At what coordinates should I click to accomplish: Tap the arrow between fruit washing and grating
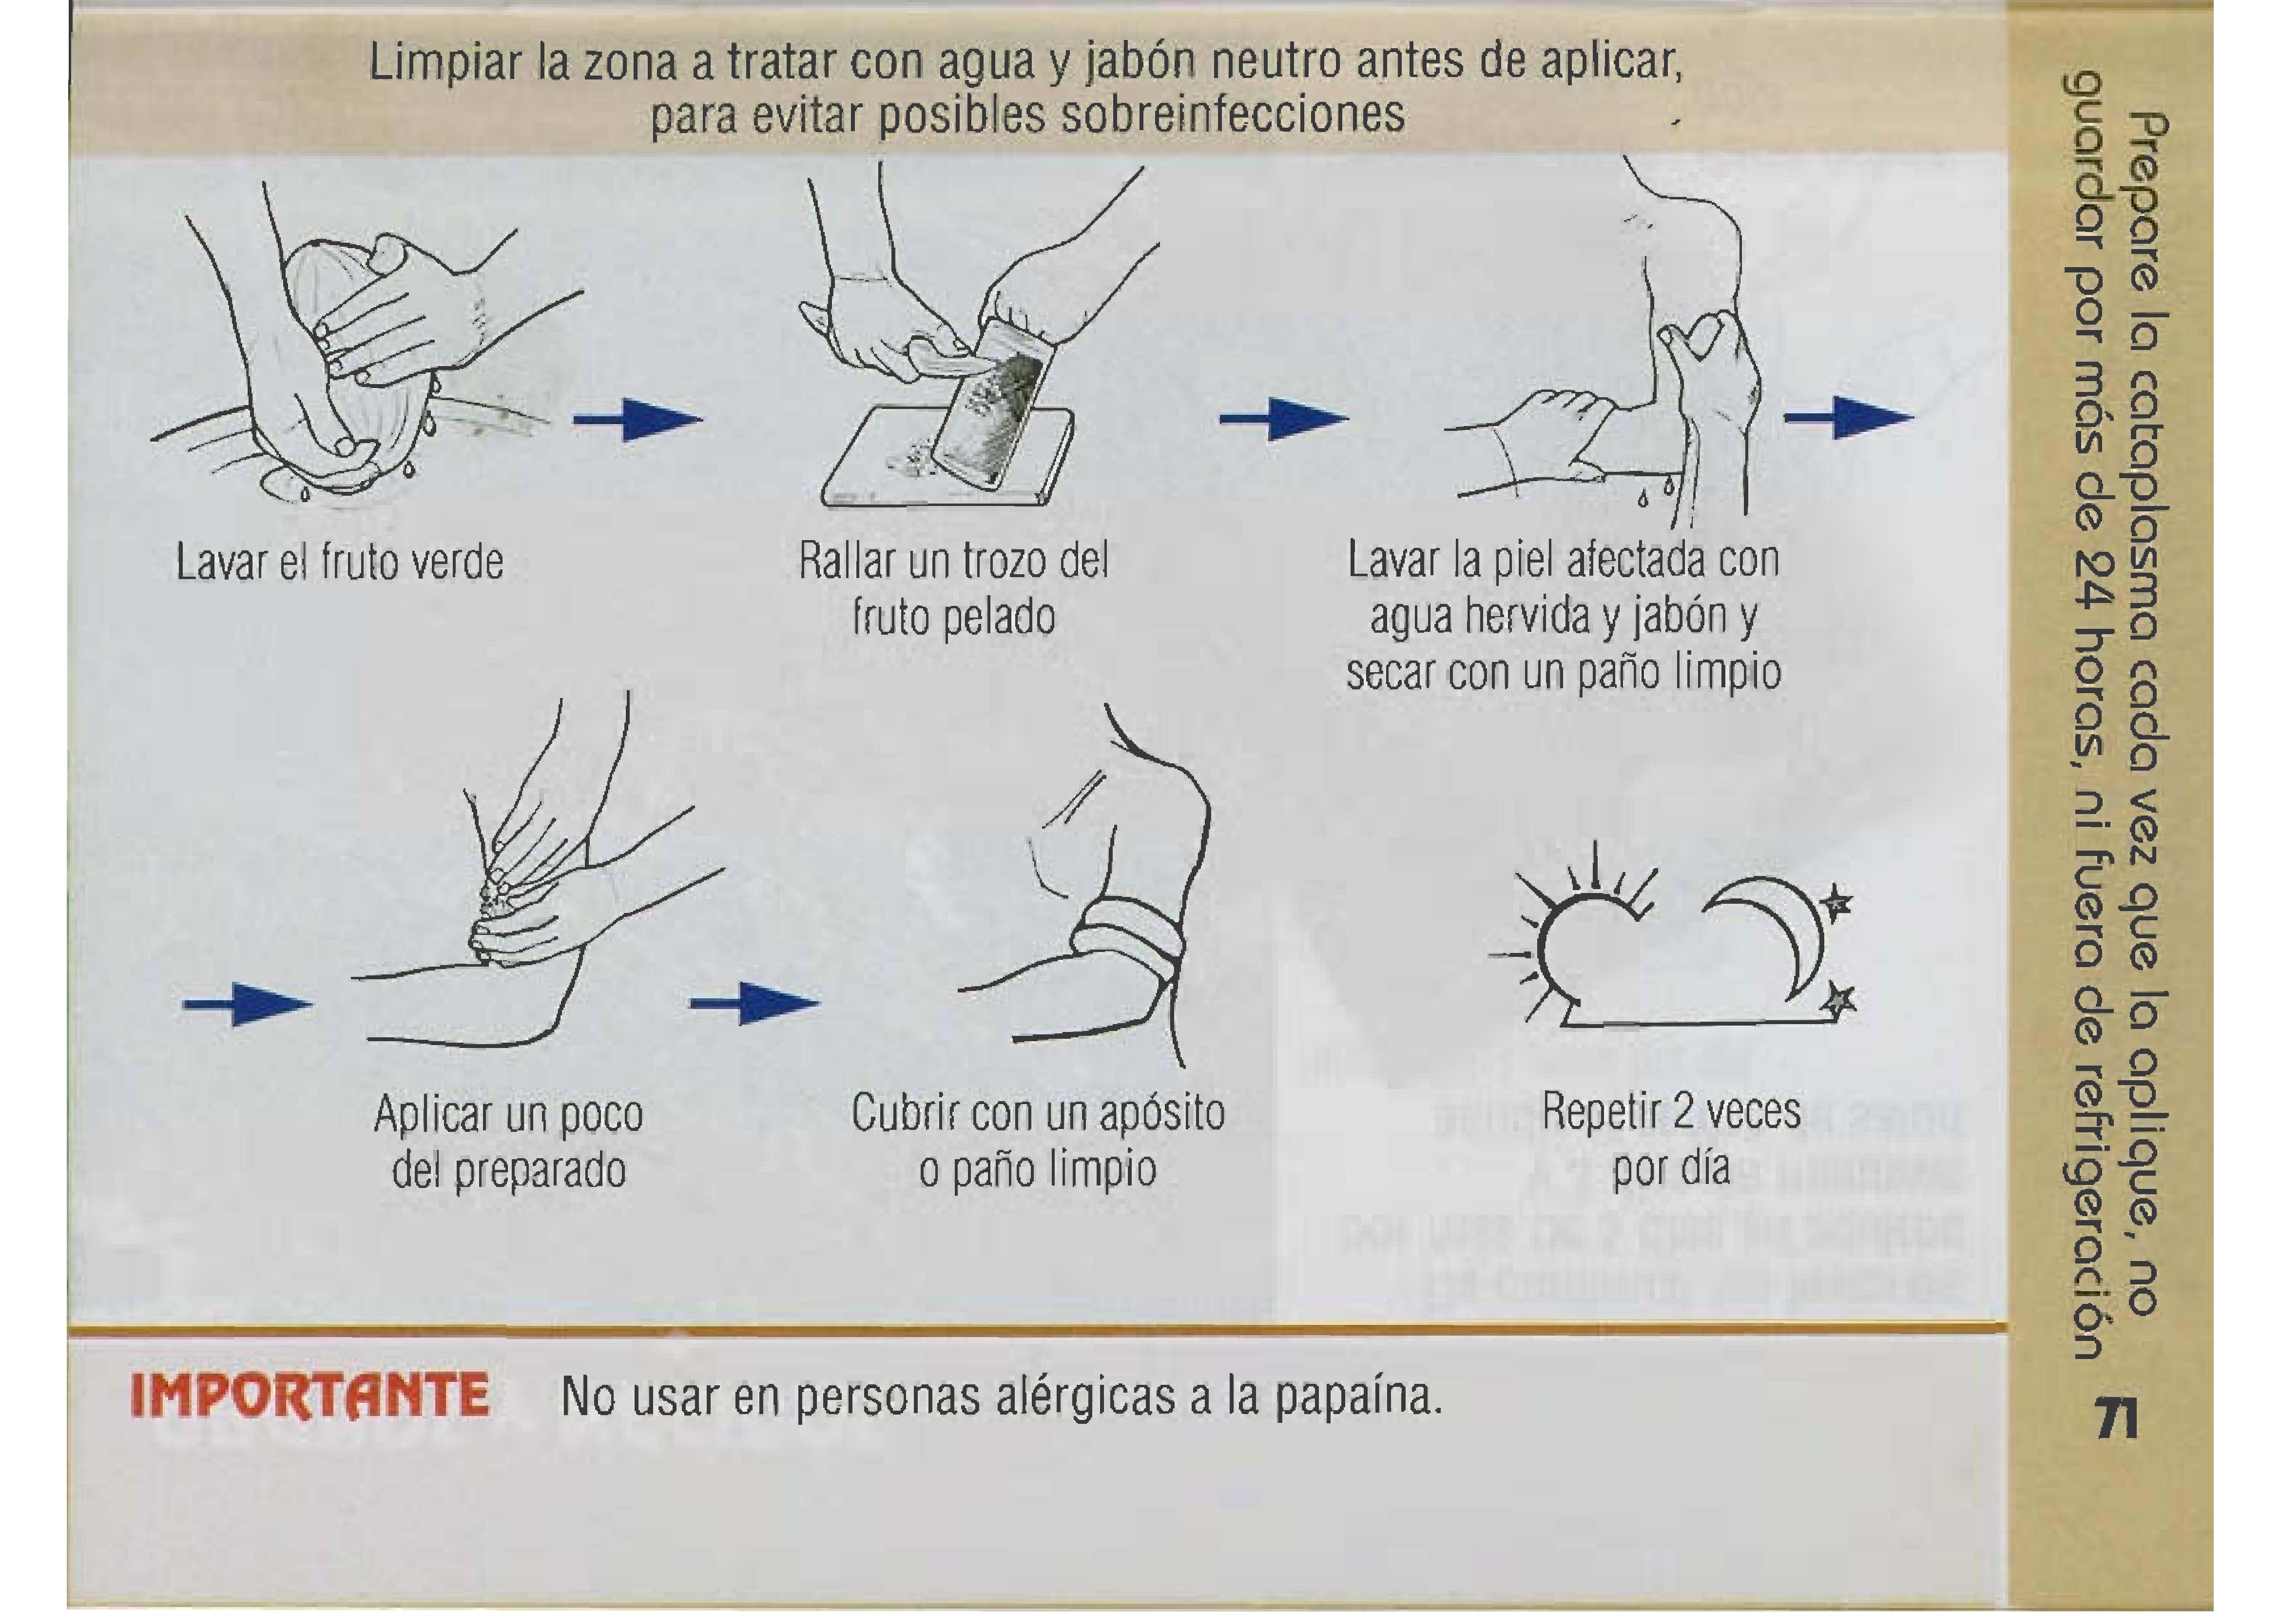tap(638, 419)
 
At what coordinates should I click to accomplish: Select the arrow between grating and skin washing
tap(1284, 419)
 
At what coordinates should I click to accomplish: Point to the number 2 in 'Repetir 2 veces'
tap(1681, 1112)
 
